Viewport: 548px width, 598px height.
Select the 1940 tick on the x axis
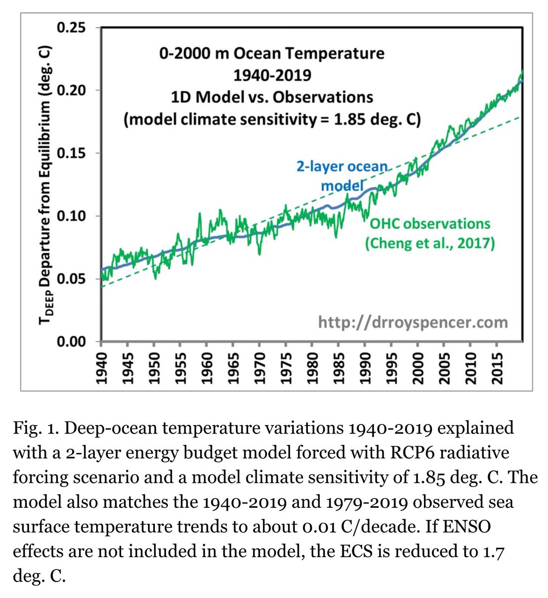(102, 366)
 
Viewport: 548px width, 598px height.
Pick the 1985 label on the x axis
(338, 366)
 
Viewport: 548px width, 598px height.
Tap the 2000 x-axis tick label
(417, 366)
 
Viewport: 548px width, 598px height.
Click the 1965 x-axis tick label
(233, 366)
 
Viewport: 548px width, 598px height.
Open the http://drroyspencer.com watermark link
(413, 322)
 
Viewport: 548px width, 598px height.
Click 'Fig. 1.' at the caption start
(32, 428)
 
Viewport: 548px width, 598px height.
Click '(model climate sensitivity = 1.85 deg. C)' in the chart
(273, 120)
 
